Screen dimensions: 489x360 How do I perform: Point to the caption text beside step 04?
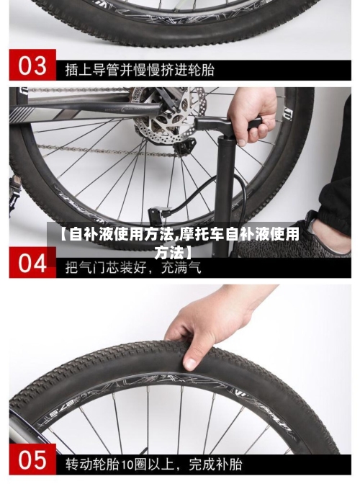[133, 266]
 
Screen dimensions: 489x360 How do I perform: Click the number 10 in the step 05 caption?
[127, 462]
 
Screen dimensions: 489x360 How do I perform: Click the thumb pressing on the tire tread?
[190, 358]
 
